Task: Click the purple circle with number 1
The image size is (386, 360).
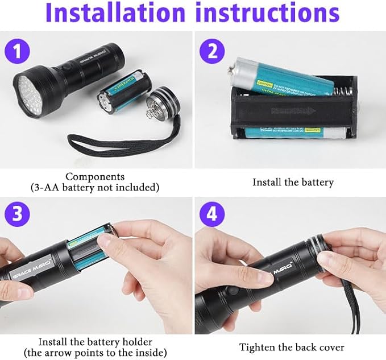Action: click(18, 52)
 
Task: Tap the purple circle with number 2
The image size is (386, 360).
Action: click(212, 52)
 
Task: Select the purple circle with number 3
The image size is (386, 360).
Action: click(18, 215)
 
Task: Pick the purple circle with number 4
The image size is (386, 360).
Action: click(212, 215)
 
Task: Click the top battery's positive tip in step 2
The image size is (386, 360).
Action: click(233, 71)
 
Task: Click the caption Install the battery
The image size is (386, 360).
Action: click(293, 183)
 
